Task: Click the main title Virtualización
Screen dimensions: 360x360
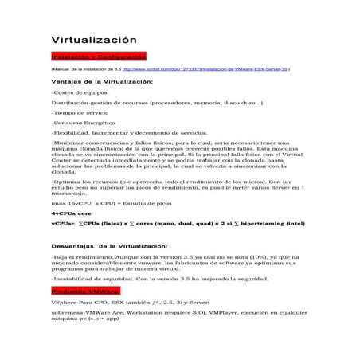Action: coord(94,41)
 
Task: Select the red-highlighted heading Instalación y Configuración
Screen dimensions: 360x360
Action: coord(98,57)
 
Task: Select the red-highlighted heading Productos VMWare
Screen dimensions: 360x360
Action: coord(84,292)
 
